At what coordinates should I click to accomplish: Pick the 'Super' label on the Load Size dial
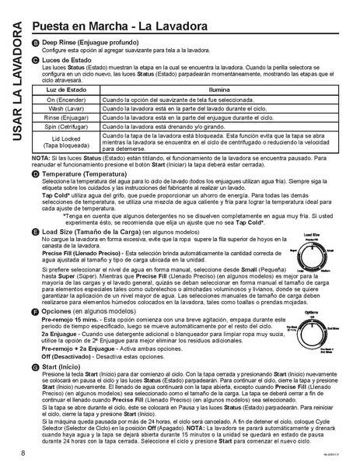293,252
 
